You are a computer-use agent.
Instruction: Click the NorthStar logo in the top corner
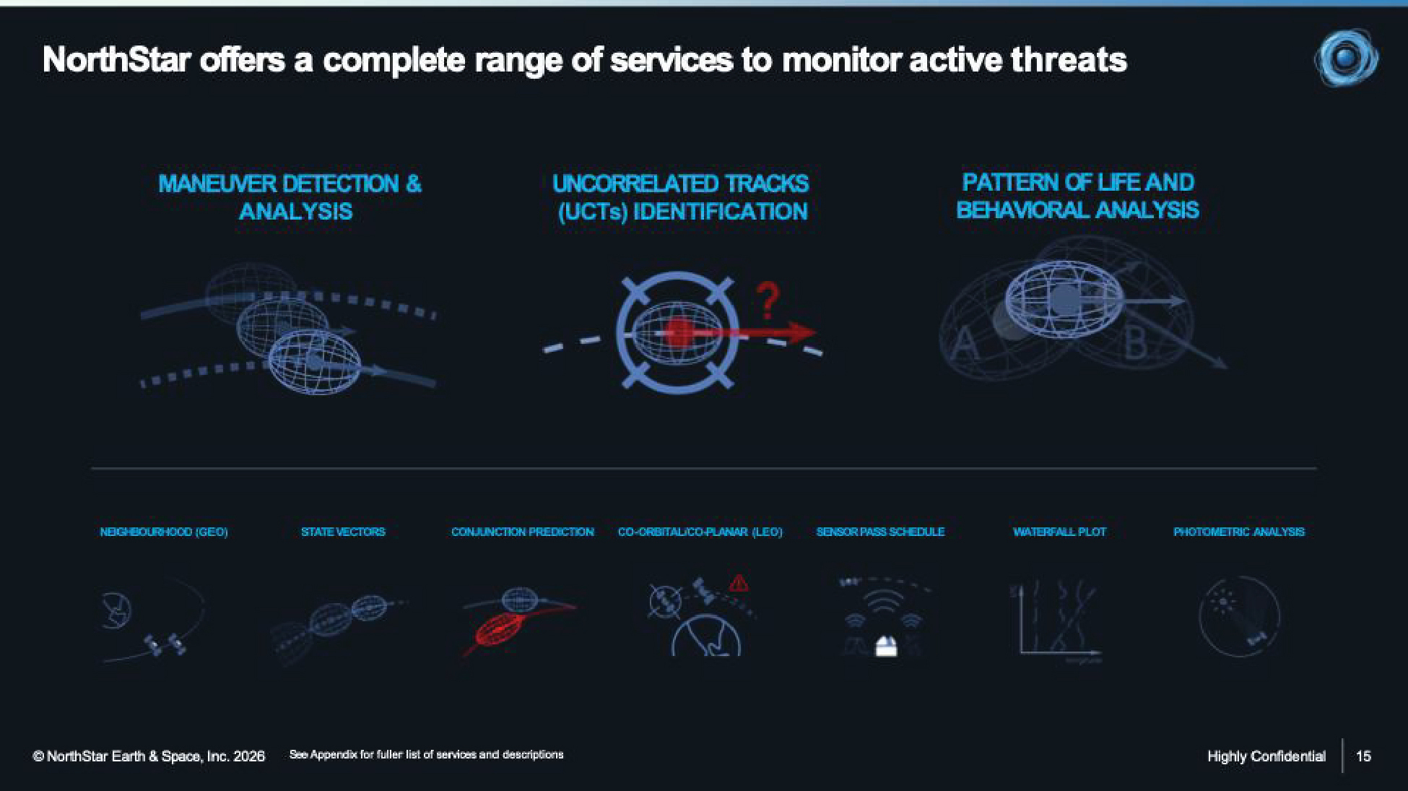tap(1346, 58)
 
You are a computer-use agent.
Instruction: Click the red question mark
tap(768, 301)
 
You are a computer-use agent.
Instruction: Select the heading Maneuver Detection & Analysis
tap(290, 197)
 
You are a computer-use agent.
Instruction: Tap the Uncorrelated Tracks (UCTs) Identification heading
tap(681, 197)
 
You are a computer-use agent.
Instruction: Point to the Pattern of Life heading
tap(1077, 196)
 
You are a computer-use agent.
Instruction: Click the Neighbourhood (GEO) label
tap(164, 532)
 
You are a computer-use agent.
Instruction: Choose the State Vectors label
tap(343, 532)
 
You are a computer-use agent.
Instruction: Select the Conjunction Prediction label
tap(522, 532)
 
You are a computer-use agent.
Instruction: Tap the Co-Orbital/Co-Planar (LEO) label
tap(700, 532)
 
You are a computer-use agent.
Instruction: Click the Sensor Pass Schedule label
tap(880, 532)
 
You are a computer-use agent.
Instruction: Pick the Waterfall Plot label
tap(1059, 532)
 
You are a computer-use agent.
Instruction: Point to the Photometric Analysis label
tap(1239, 532)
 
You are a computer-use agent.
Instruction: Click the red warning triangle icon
tap(738, 582)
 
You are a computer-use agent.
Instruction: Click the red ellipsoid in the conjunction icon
tap(500, 629)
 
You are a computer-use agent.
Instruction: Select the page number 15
tap(1363, 756)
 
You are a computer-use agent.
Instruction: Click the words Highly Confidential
tap(1266, 756)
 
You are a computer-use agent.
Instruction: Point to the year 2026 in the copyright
tap(249, 756)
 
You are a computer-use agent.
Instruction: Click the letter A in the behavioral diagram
tap(965, 344)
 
